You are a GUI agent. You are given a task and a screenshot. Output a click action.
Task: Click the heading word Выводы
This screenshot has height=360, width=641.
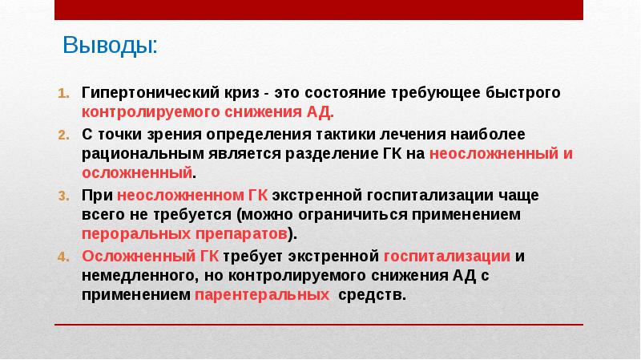click(x=109, y=46)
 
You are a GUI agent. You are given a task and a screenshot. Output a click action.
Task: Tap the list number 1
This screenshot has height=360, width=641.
click(x=64, y=93)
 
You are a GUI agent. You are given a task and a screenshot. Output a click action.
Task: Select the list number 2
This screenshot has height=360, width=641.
click(x=64, y=135)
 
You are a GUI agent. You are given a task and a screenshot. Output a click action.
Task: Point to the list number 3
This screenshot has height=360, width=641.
click(x=64, y=196)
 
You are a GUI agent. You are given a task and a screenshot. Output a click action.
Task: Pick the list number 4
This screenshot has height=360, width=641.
click(x=64, y=257)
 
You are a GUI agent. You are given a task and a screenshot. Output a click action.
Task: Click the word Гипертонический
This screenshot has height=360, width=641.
click(x=150, y=93)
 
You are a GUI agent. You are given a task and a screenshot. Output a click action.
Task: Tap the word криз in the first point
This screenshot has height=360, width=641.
click(x=241, y=93)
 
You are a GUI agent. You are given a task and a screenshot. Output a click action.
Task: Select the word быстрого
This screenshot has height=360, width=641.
click(x=523, y=93)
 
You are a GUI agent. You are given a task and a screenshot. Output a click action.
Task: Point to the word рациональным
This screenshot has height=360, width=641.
click(x=143, y=154)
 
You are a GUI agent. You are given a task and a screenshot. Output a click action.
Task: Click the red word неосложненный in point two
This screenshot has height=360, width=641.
click(x=494, y=154)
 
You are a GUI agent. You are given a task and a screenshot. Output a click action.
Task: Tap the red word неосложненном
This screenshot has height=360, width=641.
click(x=181, y=195)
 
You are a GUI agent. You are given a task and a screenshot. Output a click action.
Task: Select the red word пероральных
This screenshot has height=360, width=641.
click(x=136, y=234)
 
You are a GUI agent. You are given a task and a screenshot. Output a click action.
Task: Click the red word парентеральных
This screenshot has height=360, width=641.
click(x=262, y=295)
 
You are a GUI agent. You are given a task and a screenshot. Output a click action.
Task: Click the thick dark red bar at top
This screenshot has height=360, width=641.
click(x=319, y=10)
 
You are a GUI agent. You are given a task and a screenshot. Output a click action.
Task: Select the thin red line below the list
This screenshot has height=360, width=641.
click(x=319, y=325)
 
